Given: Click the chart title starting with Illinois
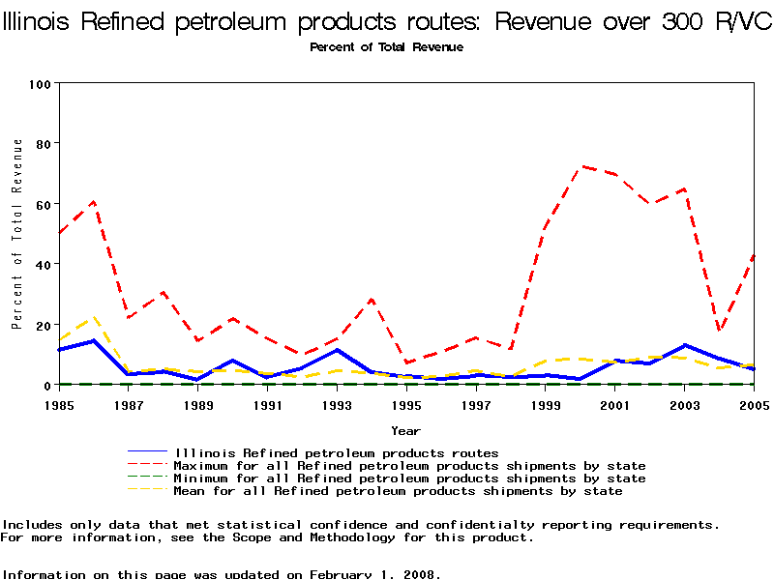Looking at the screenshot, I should tap(387, 21).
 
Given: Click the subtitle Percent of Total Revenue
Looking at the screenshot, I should tap(386, 47).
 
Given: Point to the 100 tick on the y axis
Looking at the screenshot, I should tap(40, 84).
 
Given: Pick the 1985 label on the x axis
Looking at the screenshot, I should tap(59, 405).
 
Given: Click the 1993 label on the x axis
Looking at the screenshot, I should tap(337, 405).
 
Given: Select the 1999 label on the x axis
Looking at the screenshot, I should tap(546, 405).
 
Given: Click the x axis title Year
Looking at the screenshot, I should tap(405, 430).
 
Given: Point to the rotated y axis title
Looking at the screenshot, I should tap(17, 233).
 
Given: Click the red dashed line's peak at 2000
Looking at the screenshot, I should tap(581, 166).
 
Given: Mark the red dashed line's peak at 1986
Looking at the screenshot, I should tap(94, 201).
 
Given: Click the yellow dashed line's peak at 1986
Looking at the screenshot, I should tap(94, 317).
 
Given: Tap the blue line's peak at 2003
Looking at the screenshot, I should tap(685, 345).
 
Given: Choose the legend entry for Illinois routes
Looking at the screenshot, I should tap(337, 452).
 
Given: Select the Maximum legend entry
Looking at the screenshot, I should tap(409, 465).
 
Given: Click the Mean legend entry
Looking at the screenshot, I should tap(398, 491).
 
